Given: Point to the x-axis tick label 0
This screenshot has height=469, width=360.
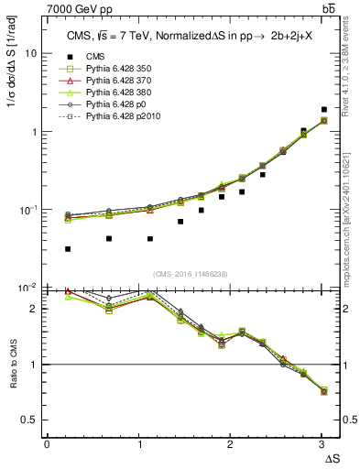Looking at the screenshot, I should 47,444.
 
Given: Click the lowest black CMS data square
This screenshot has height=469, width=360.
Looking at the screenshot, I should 68,248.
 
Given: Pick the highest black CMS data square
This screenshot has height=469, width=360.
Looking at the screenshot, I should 324,110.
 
